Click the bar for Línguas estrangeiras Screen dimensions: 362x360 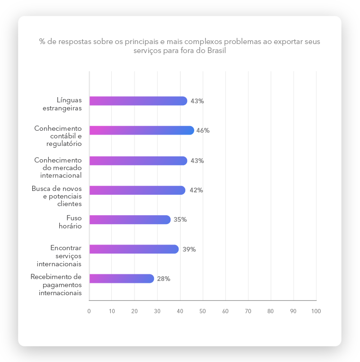138,101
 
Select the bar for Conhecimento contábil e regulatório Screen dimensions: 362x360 141,130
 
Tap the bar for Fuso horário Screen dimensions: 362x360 129,219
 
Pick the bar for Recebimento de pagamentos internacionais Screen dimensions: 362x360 121,279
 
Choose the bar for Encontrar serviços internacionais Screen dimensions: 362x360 134,249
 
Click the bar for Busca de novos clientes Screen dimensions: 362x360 137,190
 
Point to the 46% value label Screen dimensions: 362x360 203,130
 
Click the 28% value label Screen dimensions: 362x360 163,279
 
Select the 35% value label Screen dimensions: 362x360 180,219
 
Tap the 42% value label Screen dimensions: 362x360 196,190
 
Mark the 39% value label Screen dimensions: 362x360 189,249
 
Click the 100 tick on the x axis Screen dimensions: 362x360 316,311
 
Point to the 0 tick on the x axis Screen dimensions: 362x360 89,311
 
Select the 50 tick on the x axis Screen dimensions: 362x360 203,311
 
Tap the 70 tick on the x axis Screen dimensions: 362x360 248,311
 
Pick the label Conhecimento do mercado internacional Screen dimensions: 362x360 58,168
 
